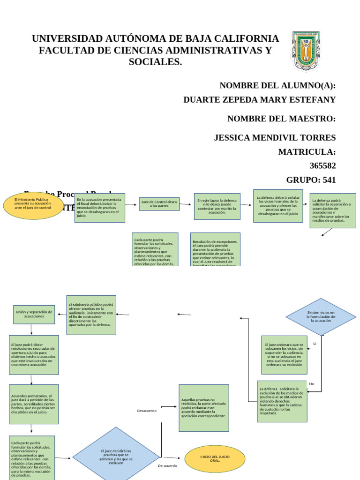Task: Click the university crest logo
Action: pyautogui.click(x=306, y=51)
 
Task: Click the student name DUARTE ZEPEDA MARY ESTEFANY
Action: pyautogui.click(x=259, y=99)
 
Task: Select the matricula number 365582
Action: pyautogui.click(x=322, y=165)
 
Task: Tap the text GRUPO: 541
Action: pyautogui.click(x=311, y=180)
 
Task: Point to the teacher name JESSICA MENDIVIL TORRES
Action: pyautogui.click(x=275, y=137)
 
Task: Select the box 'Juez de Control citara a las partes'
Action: pyautogui.click(x=159, y=204)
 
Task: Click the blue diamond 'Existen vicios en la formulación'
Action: pyautogui.click(x=321, y=316)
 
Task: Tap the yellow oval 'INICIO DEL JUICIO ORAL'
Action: pyautogui.click(x=215, y=458)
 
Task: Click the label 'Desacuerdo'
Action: pyautogui.click(x=146, y=411)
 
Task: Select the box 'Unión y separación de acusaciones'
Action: pyautogui.click(x=34, y=314)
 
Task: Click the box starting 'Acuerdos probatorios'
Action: pyautogui.click(x=34, y=404)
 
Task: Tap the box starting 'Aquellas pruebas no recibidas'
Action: pyautogui.click(x=203, y=408)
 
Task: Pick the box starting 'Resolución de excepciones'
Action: pyautogui.click(x=215, y=249)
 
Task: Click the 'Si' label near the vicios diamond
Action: pyautogui.click(x=315, y=344)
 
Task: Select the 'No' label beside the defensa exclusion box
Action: pyautogui.click(x=311, y=383)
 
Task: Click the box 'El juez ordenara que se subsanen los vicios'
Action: pyautogui.click(x=285, y=355)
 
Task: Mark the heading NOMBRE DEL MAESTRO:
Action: pyautogui.click(x=281, y=119)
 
